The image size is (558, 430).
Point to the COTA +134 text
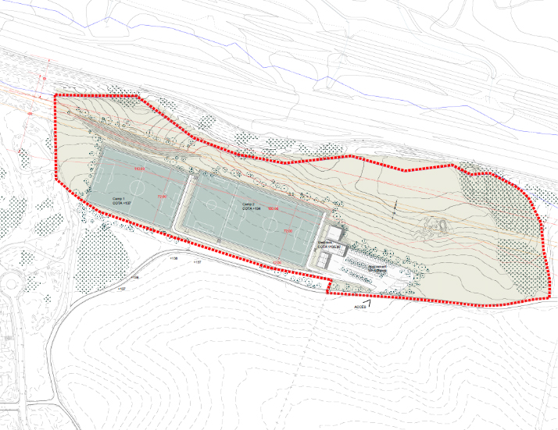click(x=251, y=208)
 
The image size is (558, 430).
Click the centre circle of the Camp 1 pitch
click(x=138, y=189)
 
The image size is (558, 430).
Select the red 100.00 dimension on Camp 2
click(x=274, y=209)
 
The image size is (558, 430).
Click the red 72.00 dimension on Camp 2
click(x=287, y=232)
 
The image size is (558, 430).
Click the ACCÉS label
click(x=360, y=307)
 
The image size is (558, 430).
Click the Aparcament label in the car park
click(x=379, y=267)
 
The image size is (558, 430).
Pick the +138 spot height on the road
click(x=173, y=258)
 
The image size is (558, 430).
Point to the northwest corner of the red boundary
click(x=54, y=96)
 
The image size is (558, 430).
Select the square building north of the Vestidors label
click(x=335, y=233)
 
